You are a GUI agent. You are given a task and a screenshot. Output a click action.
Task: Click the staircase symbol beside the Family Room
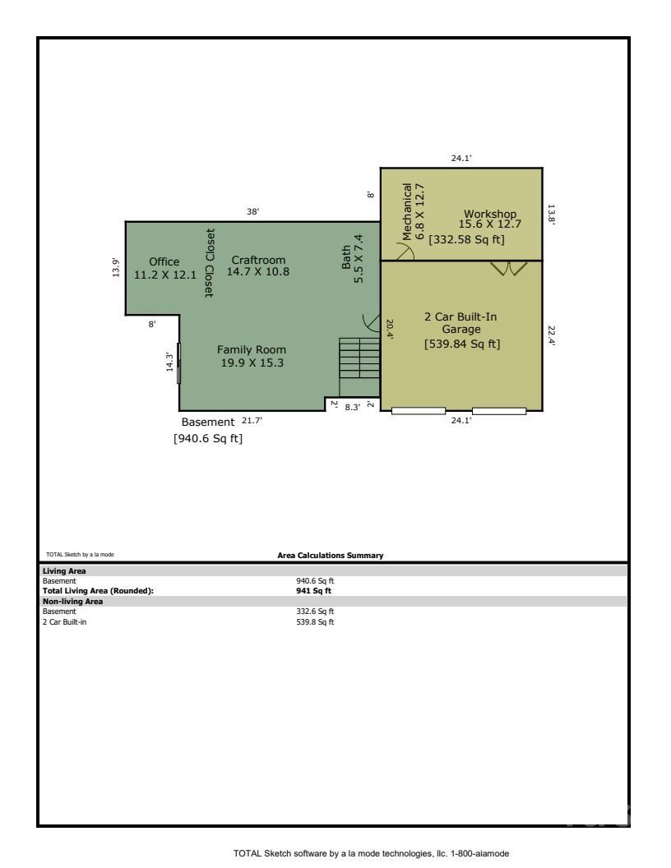coord(359,367)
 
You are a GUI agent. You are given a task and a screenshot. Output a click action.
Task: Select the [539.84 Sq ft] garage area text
coord(462,344)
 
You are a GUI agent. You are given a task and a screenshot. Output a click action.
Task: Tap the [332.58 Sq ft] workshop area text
coord(466,239)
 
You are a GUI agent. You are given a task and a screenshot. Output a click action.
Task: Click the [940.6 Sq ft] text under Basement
coord(208,439)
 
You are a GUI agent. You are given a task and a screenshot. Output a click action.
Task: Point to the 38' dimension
coord(253,212)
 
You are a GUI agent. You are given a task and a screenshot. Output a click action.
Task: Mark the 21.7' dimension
coord(252,421)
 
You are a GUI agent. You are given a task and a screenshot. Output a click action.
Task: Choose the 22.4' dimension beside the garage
coord(552,335)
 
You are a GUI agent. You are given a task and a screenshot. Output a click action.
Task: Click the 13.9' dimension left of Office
coord(115,268)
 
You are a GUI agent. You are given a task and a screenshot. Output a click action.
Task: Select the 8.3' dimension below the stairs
coord(352,406)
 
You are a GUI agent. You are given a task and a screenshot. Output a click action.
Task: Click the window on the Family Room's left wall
coord(179,362)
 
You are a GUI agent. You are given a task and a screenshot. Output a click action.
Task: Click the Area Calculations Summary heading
coord(331,556)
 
